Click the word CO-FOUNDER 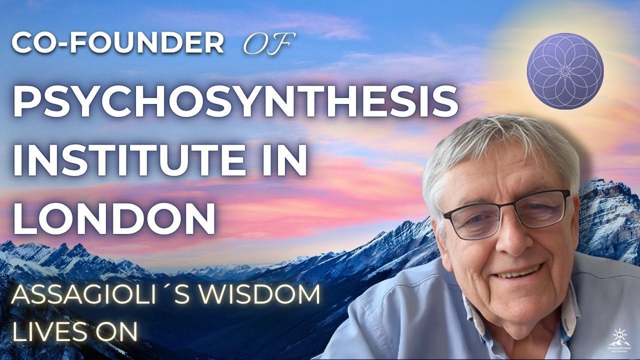click(x=117, y=44)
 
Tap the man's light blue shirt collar click(x=470, y=310)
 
